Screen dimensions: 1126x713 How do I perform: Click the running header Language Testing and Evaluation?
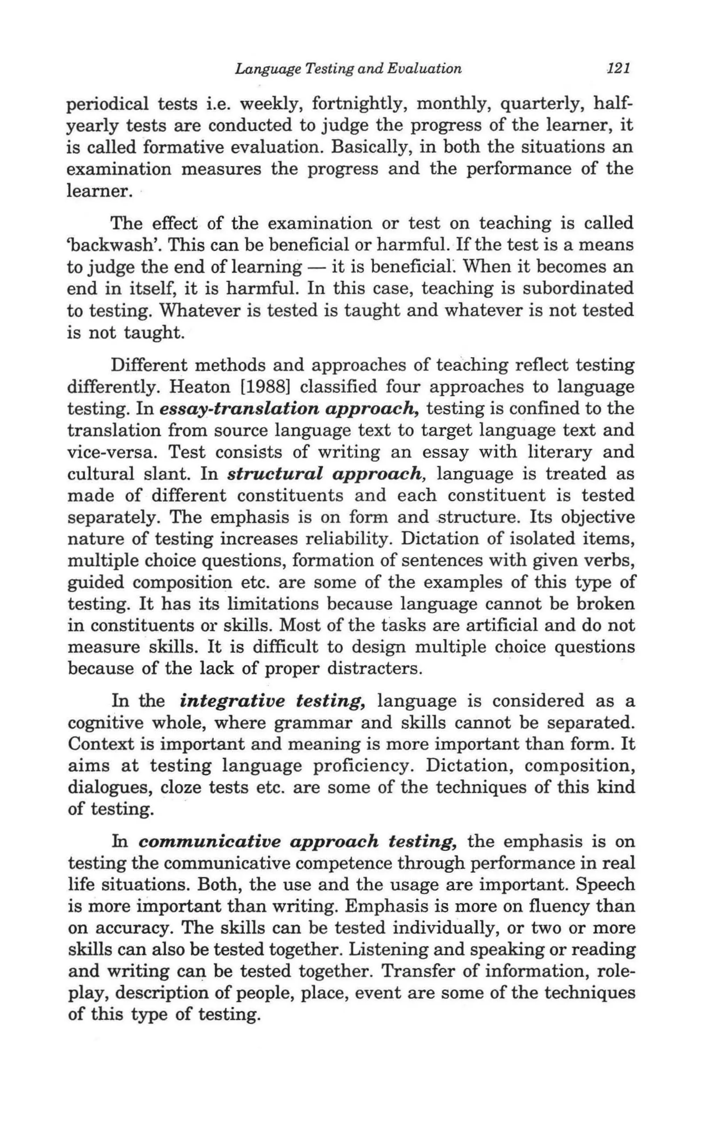(348, 69)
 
